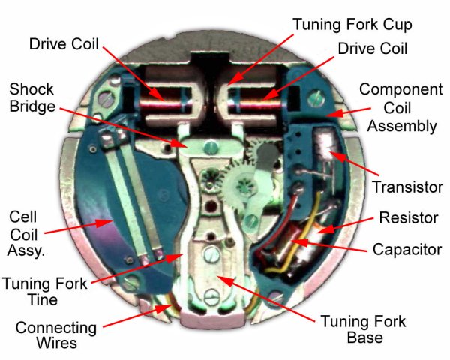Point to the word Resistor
pyautogui.click(x=409, y=218)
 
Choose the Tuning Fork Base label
pyautogui.click(x=363, y=330)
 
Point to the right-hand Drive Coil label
pyautogui.click(x=372, y=49)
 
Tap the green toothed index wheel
pyautogui.click(x=244, y=181)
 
